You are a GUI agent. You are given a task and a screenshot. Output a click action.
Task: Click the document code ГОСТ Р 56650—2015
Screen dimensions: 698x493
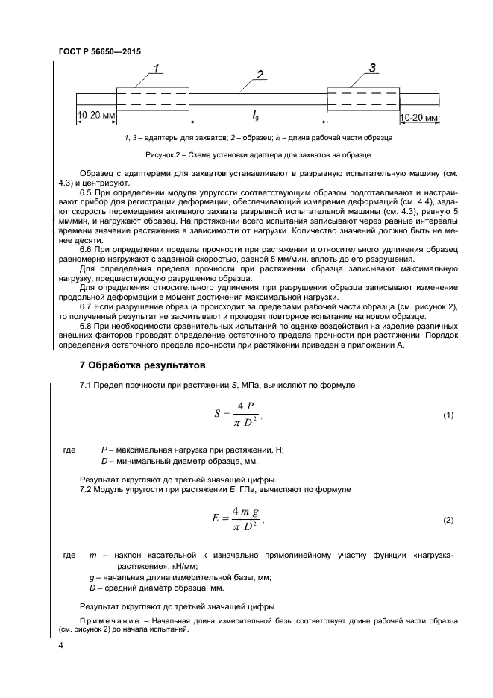click(99, 52)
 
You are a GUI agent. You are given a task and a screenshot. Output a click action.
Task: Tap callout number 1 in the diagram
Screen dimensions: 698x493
click(158, 70)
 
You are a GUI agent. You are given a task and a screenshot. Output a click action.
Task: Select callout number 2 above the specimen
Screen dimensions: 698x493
click(259, 74)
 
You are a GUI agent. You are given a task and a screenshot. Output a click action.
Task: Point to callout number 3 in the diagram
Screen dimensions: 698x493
click(372, 69)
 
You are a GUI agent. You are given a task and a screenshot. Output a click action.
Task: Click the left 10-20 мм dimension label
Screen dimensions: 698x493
click(95, 116)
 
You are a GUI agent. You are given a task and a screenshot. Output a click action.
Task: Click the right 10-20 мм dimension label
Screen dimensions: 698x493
click(419, 117)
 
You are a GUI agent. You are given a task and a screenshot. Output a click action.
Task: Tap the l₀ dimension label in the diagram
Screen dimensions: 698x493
click(255, 114)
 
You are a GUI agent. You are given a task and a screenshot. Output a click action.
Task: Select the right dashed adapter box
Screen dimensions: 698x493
click(364, 99)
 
